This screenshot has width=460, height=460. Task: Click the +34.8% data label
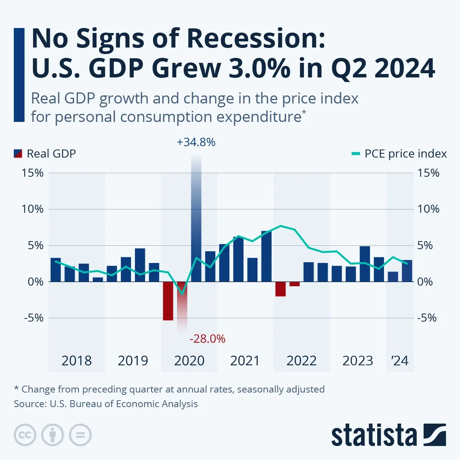coord(196,142)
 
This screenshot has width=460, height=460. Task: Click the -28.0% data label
coord(207,339)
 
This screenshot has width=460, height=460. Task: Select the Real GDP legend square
coord(19,154)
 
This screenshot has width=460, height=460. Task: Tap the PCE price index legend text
coord(406,154)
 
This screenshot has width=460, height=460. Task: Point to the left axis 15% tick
coord(33,173)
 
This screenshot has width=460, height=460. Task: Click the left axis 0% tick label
coord(36,282)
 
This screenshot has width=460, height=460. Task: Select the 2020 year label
coord(189,361)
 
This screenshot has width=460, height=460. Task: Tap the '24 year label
coord(400,361)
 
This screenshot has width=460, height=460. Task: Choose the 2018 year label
coord(77,361)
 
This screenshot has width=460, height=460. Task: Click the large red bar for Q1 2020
coord(168,301)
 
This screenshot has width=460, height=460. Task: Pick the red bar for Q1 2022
coord(280,289)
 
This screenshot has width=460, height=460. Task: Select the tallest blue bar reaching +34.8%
coord(196,219)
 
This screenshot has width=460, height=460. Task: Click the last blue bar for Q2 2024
coord(407,271)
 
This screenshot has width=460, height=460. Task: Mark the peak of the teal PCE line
coord(281,226)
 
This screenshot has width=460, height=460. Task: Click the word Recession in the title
coord(252,39)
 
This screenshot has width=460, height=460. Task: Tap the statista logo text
coord(374,435)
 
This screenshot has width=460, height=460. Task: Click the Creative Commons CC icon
coord(25,435)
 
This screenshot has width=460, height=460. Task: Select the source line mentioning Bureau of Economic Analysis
coord(106,404)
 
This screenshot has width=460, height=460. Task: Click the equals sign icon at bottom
coord(80,435)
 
